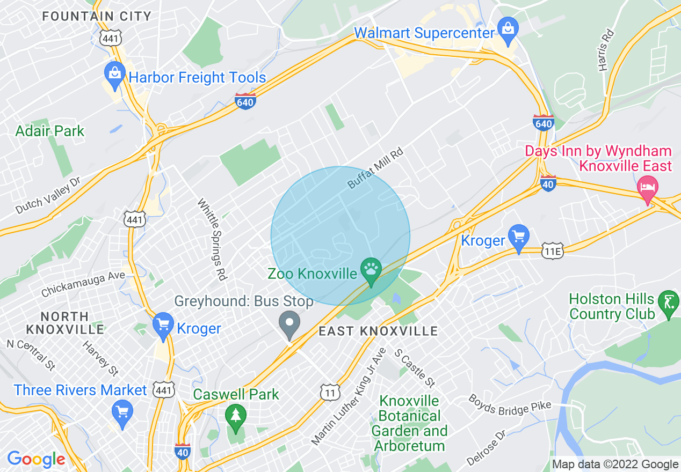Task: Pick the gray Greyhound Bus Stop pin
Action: pyautogui.click(x=291, y=324)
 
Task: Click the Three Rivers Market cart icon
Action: pyautogui.click(x=122, y=412)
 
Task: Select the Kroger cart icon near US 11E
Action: pyautogui.click(x=519, y=237)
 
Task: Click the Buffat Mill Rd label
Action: pyautogui.click(x=375, y=168)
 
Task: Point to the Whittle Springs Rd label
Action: pyautogui.click(x=212, y=239)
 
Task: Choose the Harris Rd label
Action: pyautogui.click(x=605, y=50)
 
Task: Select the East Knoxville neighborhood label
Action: pyautogui.click(x=378, y=331)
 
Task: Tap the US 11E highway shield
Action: pyautogui.click(x=553, y=250)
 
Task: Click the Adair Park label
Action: pyautogui.click(x=50, y=131)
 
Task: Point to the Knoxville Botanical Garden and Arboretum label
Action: pyautogui.click(x=410, y=423)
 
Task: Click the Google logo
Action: pyautogui.click(x=36, y=459)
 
